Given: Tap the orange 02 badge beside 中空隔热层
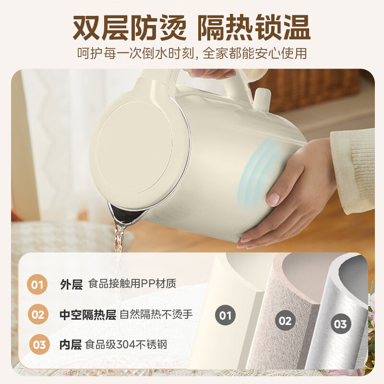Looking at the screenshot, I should pos(38,315).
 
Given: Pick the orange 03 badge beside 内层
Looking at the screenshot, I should pos(39,345).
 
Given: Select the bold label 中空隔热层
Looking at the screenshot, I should pos(88,315).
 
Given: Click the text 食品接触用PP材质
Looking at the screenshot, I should pos(132,284).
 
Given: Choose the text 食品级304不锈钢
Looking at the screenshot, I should pos(126,345).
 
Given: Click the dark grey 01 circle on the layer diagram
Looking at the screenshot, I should pos(225,315).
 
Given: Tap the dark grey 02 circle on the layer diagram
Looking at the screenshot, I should pos(285,320).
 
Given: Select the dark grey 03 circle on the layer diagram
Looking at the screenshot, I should pos(340,324).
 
